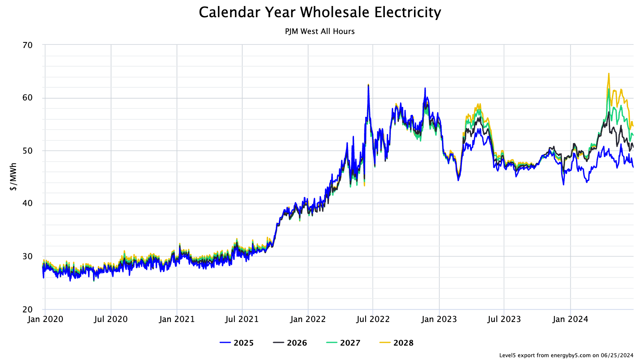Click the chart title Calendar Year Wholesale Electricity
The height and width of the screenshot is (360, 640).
[320, 12]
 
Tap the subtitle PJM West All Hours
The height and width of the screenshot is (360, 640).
[320, 31]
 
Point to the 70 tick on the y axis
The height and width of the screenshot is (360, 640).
[28, 45]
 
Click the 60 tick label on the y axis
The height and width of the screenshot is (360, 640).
[28, 98]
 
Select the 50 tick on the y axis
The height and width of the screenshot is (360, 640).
[28, 151]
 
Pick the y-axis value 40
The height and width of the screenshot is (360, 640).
[28, 204]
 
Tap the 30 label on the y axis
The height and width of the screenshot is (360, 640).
[28, 256]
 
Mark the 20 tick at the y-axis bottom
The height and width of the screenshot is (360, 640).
[28, 309]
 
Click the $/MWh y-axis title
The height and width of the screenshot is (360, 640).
[14, 176]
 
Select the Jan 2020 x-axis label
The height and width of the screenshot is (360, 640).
[45, 319]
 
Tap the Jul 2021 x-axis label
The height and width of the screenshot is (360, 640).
[242, 319]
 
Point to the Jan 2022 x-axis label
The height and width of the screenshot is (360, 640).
[308, 319]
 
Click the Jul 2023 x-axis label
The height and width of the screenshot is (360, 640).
[504, 319]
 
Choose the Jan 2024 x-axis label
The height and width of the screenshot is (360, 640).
[570, 319]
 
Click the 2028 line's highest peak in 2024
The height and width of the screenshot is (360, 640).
[609, 74]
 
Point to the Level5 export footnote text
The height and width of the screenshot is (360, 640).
[566, 355]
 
